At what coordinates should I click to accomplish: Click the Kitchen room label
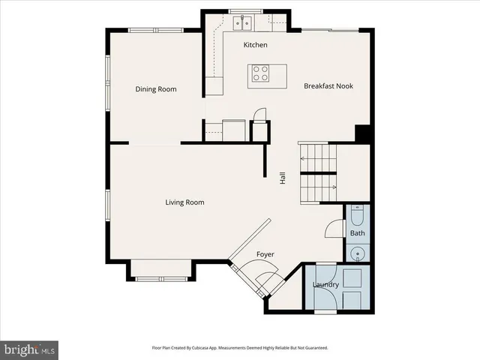click(x=255, y=45)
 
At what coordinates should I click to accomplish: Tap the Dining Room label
click(x=156, y=89)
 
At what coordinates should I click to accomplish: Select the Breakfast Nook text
click(x=328, y=86)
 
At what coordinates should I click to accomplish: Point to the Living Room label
click(x=184, y=202)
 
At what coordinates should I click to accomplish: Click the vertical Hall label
click(x=283, y=178)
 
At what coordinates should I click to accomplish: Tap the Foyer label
click(x=265, y=255)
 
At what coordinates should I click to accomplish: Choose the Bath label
click(x=358, y=234)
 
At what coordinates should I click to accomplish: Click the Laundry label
click(x=325, y=285)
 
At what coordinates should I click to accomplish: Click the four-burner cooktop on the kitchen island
click(x=259, y=73)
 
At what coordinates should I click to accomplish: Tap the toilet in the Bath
click(x=358, y=217)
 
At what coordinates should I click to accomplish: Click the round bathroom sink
click(x=358, y=253)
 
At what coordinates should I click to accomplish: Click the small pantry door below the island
click(x=259, y=116)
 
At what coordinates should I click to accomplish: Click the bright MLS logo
click(x=30, y=349)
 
